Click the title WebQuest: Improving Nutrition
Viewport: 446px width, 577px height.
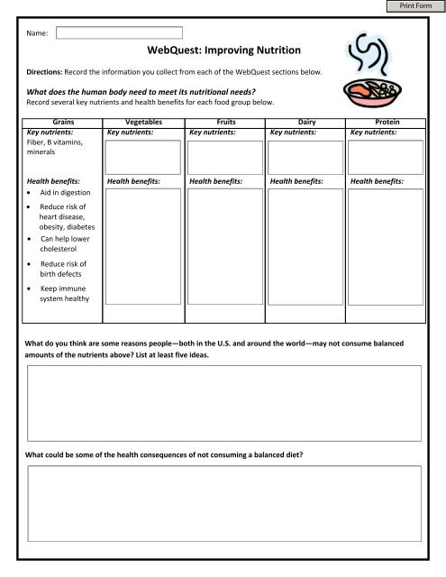221,52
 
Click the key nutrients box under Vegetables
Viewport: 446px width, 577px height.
141,155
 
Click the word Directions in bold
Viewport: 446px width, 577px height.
46,70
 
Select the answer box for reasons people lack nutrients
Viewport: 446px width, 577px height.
223,401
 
